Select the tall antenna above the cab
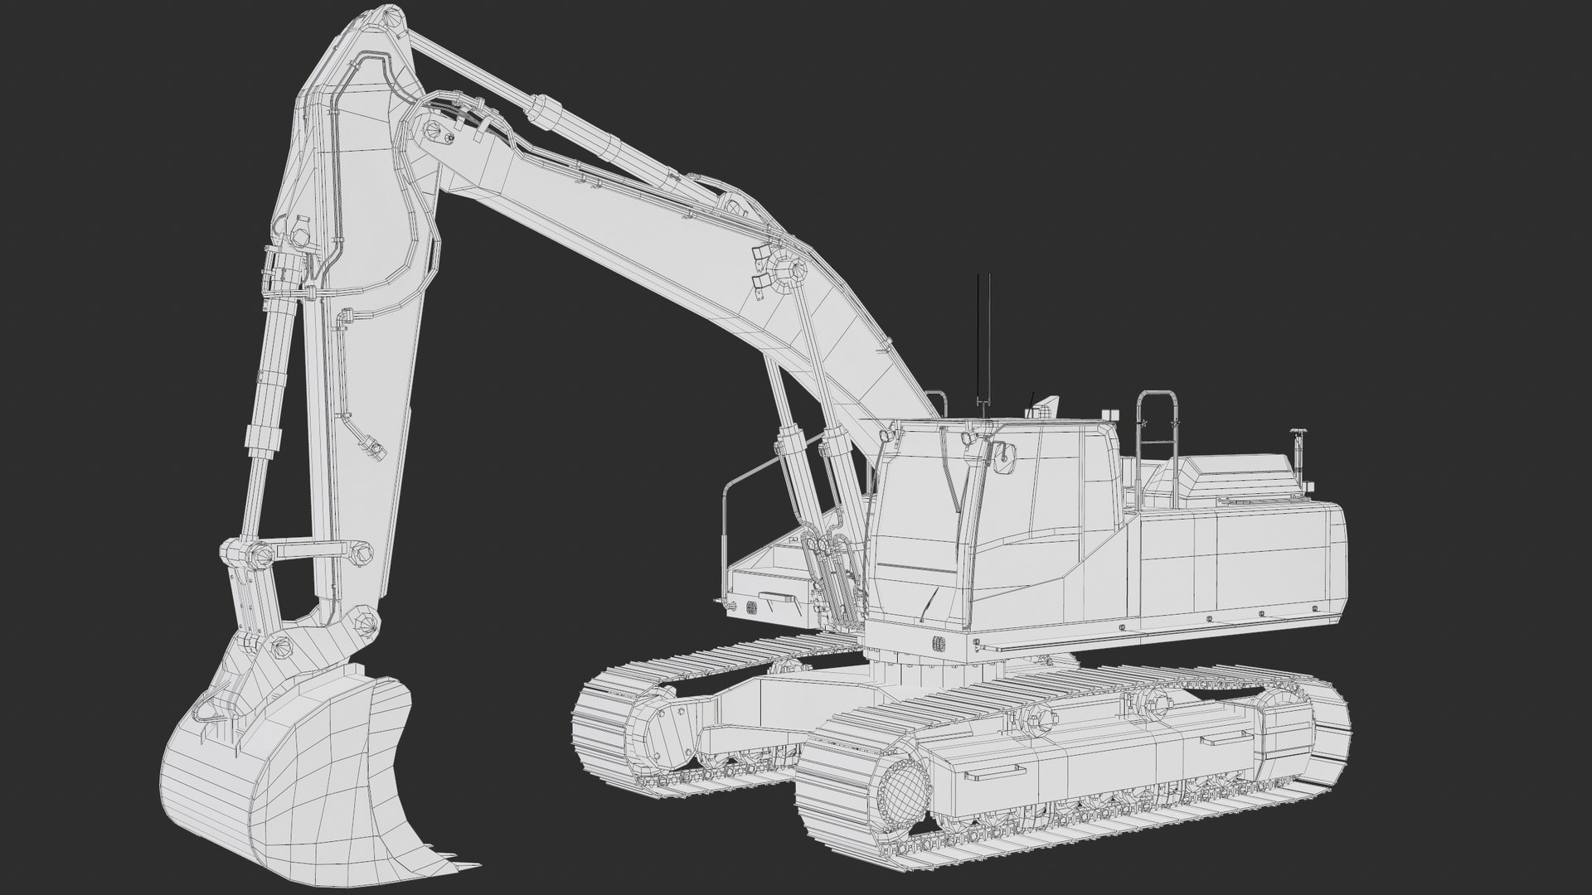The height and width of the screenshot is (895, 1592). click(983, 340)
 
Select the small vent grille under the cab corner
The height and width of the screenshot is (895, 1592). click(940, 642)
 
